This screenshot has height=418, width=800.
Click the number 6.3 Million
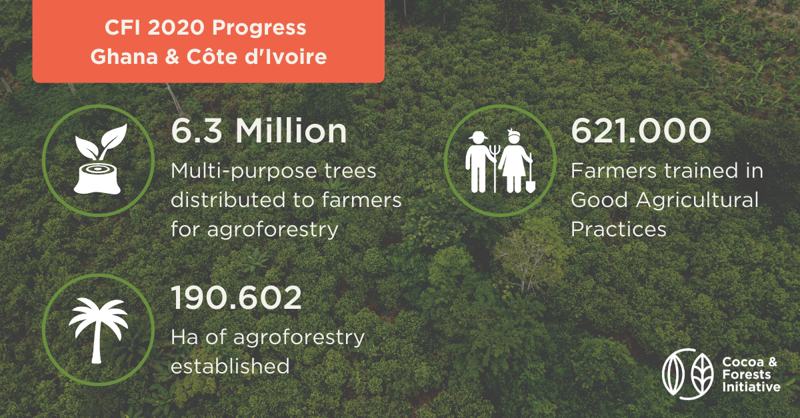coord(259,131)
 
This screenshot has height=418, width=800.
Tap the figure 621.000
coord(641,131)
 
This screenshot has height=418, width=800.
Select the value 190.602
coord(237,299)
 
